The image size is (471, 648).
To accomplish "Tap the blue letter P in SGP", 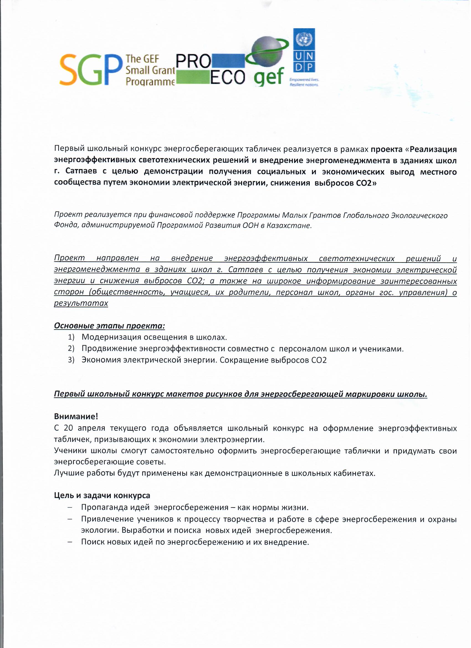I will pos(110,70).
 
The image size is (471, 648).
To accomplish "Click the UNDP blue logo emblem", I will pos(304,50).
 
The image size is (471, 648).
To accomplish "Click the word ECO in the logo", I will pos(228,77).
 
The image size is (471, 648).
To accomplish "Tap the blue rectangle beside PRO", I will pos(228,61).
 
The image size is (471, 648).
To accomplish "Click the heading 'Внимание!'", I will pos(76,417).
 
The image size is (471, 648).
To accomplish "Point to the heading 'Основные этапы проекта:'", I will pos(109,326).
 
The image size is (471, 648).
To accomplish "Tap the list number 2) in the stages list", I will pos(71,349).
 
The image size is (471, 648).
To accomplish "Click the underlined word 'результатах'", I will pos(81,303).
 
